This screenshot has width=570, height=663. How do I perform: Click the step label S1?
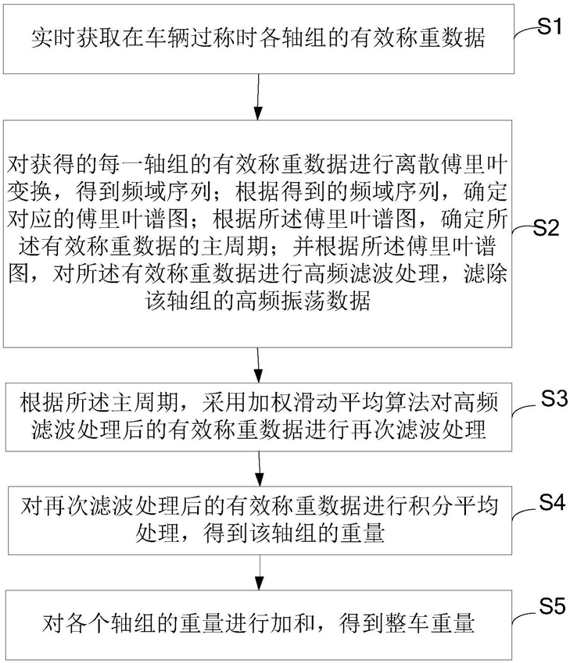[x=550, y=27]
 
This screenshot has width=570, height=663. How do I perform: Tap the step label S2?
[x=547, y=228]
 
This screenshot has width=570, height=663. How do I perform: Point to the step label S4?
[x=552, y=503]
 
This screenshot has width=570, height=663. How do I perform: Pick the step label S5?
[x=552, y=607]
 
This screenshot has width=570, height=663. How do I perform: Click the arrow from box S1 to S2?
[x=258, y=97]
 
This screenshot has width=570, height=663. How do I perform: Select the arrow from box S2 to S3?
[x=258, y=365]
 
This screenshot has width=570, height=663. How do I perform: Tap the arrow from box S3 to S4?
[x=259, y=469]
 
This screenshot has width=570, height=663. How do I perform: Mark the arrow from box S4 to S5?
[x=260, y=572]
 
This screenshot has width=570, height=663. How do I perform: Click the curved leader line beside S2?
[x=522, y=229]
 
